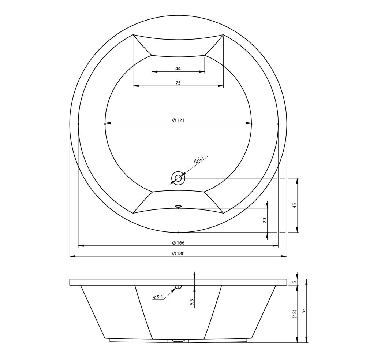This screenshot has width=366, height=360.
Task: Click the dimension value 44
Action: click(178, 69)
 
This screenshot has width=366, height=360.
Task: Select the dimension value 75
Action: click(178, 83)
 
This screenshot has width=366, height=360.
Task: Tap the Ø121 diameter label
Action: click(178, 120)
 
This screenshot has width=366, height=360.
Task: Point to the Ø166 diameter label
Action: click(178, 243)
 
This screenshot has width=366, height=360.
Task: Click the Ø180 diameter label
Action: click(178, 254)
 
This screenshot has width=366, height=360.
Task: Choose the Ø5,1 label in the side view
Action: click(158, 297)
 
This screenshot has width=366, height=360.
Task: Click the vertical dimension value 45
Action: click(295, 205)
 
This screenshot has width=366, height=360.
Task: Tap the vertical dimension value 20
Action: click(265, 220)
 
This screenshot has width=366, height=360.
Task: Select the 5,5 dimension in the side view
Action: click(192, 302)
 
